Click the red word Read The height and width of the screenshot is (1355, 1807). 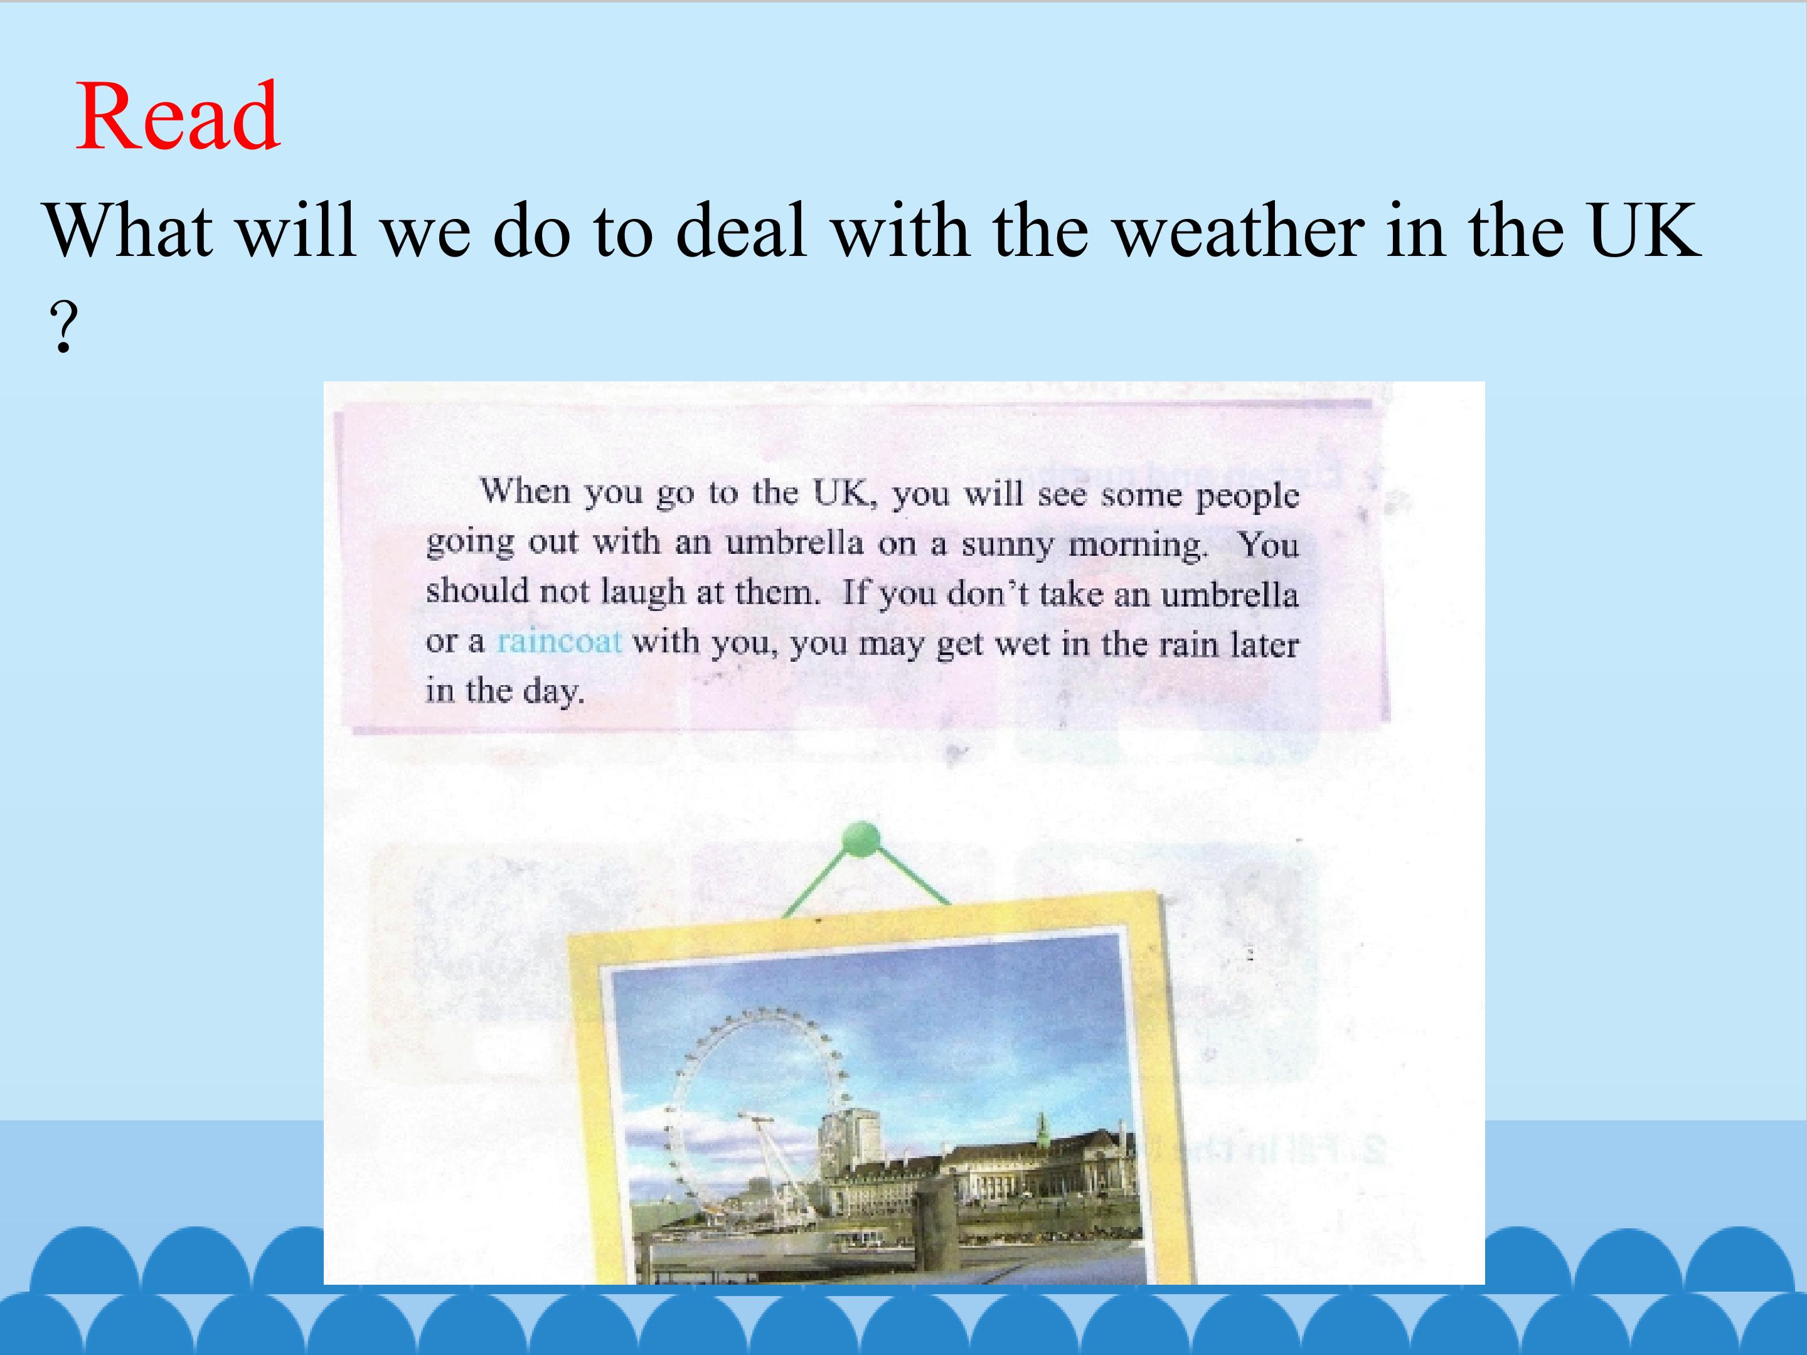point(178,116)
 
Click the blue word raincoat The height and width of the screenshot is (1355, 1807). point(560,641)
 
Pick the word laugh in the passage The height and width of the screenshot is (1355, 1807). point(643,592)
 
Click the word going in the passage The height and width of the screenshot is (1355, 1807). point(470,543)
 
